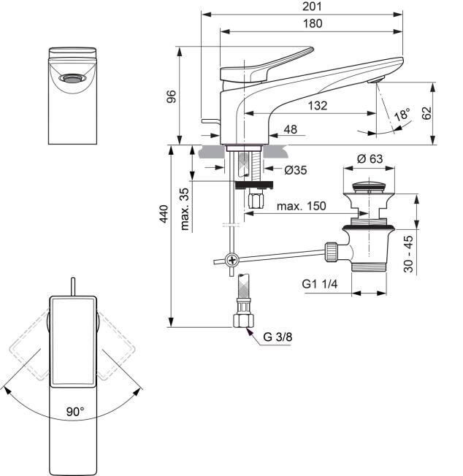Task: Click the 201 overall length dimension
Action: [x=312, y=7]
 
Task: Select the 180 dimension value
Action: [x=313, y=23]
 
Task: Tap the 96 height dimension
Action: [x=172, y=96]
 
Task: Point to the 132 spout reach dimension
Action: [x=318, y=106]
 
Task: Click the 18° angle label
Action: [x=402, y=114]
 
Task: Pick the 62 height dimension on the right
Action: [x=427, y=113]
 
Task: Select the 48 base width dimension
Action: [x=290, y=130]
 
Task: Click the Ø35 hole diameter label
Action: [x=296, y=170]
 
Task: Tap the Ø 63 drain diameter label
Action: [x=370, y=158]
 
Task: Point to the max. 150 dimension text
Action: [x=301, y=206]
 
